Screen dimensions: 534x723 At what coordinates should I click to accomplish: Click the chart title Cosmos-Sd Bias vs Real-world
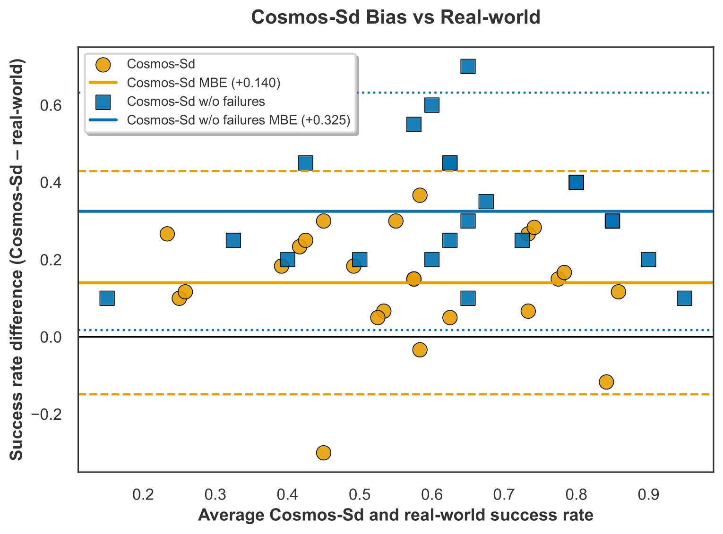tap(396, 17)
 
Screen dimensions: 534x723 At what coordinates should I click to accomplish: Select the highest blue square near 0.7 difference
tap(468, 67)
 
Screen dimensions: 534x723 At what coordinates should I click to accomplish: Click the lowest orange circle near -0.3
tap(323, 453)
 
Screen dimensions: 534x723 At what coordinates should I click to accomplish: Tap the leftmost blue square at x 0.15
tap(107, 298)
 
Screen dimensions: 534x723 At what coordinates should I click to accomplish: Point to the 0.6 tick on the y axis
tap(51, 105)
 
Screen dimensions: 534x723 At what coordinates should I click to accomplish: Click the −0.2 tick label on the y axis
tap(46, 415)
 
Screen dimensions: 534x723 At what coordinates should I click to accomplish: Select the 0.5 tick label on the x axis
tap(360, 495)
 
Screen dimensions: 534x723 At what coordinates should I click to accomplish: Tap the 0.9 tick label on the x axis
tap(648, 495)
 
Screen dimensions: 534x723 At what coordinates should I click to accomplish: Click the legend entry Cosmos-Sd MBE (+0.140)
tap(204, 83)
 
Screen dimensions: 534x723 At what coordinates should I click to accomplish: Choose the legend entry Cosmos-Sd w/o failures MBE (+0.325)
tap(239, 120)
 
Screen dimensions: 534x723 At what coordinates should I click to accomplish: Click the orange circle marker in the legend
tap(103, 64)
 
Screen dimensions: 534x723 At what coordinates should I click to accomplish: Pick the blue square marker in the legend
tap(103, 102)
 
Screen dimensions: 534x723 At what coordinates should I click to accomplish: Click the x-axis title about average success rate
tap(396, 515)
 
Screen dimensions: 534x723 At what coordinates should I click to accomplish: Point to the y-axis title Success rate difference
tap(17, 259)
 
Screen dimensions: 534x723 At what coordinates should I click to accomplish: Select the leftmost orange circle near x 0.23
tap(167, 234)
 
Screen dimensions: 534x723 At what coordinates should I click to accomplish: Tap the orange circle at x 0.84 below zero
tap(606, 382)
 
